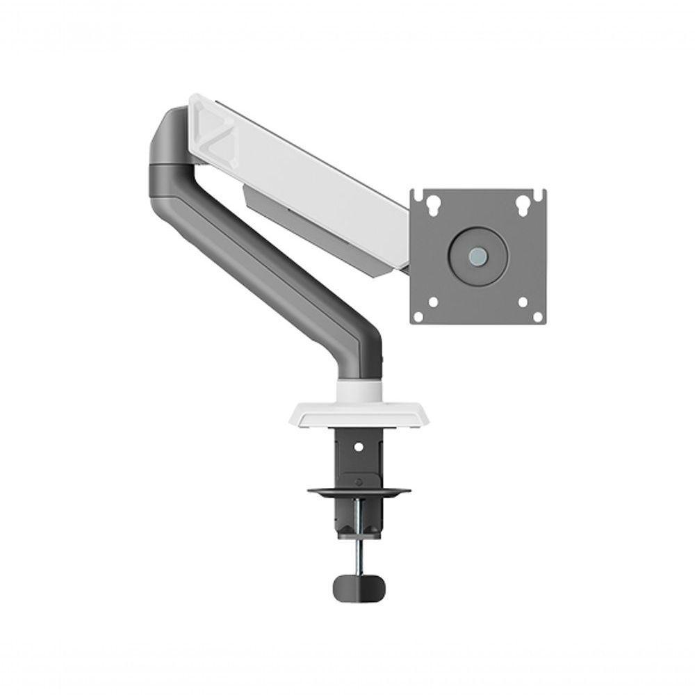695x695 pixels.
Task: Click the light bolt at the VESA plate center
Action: coord(477,255)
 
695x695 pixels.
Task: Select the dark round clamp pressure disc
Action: coord(359,492)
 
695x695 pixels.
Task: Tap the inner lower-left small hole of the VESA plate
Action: coord(434,302)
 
